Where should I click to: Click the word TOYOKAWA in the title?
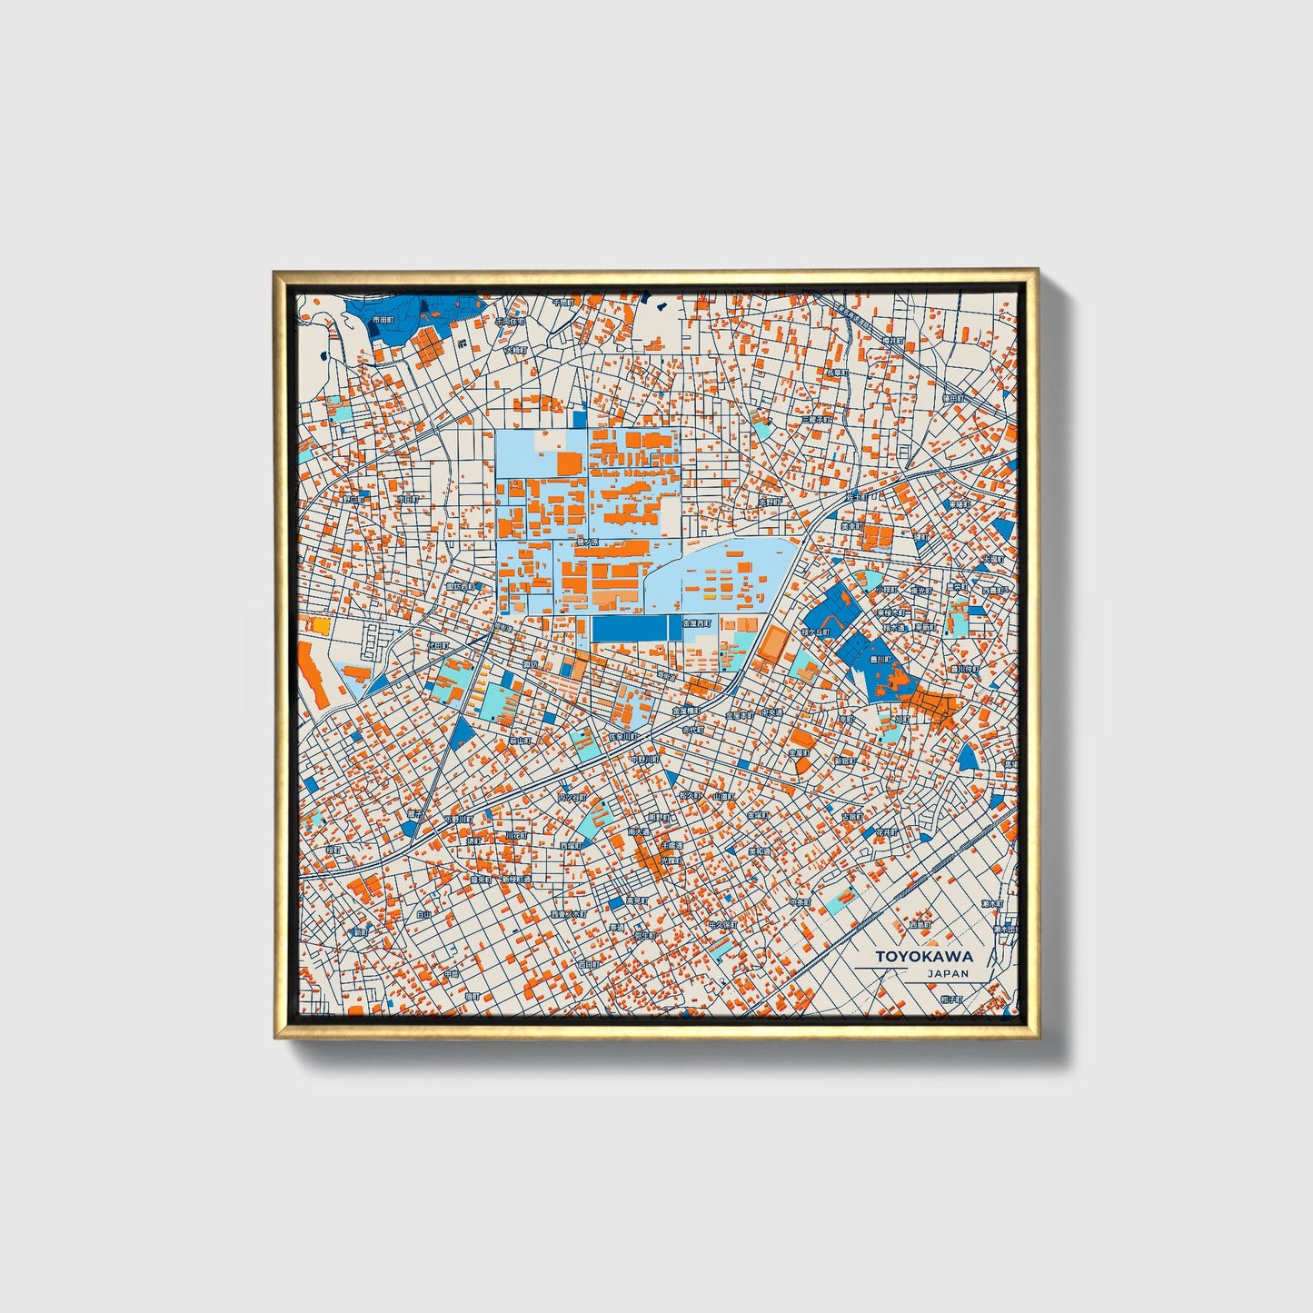[924, 956]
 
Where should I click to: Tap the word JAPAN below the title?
[948, 973]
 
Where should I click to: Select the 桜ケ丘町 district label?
[816, 631]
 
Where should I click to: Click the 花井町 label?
[886, 831]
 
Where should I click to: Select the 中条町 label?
[799, 902]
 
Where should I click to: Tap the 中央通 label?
[771, 712]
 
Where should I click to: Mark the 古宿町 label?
[851, 817]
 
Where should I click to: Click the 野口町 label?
[353, 499]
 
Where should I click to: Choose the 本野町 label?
[770, 502]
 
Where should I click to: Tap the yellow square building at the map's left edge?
[321, 625]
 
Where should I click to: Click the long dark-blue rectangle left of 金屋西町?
[630, 628]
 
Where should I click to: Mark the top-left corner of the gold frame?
[276, 272]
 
